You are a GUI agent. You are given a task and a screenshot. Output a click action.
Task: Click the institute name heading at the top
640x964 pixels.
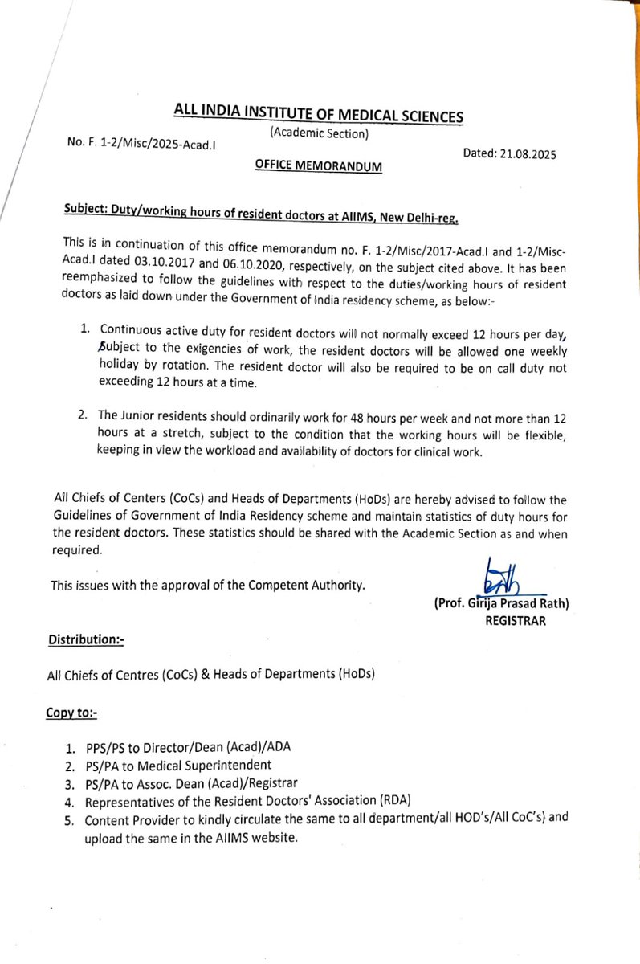[x=320, y=114]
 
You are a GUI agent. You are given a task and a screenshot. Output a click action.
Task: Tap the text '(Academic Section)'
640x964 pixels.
[x=319, y=133]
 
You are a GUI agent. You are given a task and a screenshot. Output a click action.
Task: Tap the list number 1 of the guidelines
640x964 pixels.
[x=84, y=329]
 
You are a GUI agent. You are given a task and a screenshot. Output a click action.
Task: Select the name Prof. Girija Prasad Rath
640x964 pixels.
[x=506, y=604]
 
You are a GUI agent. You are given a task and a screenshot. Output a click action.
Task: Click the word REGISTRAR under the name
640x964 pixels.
[x=516, y=620]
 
